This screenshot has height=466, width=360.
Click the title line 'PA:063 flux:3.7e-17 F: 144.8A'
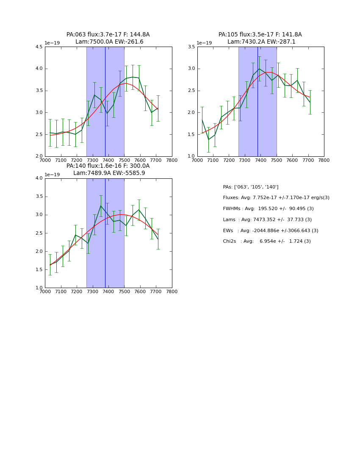point(108,35)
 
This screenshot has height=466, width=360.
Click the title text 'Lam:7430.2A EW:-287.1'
point(261,42)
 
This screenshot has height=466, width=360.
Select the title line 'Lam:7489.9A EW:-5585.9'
point(109,173)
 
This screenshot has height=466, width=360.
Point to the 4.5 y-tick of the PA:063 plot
point(39,47)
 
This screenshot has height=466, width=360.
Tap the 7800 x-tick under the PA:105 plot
point(324,160)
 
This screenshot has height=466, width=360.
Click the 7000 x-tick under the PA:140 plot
point(45,291)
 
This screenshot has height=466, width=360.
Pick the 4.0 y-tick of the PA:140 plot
point(39,178)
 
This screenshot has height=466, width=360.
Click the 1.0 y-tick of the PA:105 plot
point(191,156)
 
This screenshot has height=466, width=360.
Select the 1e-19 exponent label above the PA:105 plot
point(204,43)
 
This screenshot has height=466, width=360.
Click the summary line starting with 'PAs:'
point(250,187)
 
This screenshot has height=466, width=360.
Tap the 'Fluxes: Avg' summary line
point(276,198)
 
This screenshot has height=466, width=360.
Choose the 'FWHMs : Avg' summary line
point(268,209)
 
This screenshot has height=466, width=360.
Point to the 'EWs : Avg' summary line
point(270,230)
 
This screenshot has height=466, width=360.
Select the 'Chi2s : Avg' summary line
point(266,241)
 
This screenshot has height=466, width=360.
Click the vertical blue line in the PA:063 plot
point(105,102)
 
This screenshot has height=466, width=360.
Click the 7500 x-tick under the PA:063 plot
point(124,160)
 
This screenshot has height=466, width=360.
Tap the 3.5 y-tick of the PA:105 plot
point(191,47)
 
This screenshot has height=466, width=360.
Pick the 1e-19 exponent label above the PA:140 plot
point(52,175)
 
